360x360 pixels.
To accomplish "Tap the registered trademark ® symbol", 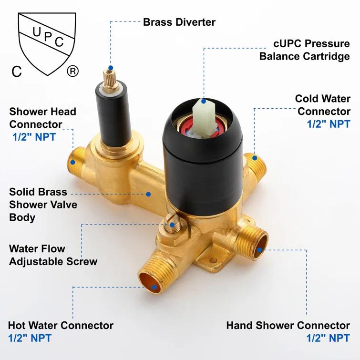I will (72, 72).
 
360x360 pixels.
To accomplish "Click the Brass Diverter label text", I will (179, 22).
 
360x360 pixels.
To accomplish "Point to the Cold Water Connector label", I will (323, 105).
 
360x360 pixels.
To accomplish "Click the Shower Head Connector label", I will (42, 118).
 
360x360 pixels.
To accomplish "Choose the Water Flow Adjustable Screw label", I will (52, 255).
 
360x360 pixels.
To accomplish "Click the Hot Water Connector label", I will (61, 326).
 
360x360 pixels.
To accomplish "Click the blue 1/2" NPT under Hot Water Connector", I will (29, 339).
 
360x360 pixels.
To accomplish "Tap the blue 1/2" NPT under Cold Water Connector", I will (329, 124).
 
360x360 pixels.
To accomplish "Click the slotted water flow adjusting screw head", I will (172, 221).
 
